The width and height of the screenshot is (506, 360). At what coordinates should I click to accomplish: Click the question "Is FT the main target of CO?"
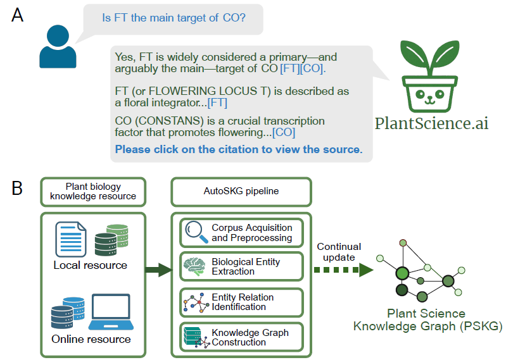pos(174,18)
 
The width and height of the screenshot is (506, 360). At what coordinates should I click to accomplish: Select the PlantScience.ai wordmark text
pos(431,123)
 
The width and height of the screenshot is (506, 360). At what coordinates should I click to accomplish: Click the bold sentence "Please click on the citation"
pos(239,150)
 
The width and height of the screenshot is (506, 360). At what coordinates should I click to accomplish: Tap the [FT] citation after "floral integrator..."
pos(217,102)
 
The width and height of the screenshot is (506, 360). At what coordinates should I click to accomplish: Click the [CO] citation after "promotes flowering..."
pos(284,132)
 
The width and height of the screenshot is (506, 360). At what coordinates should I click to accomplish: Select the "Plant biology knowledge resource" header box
pos(92,192)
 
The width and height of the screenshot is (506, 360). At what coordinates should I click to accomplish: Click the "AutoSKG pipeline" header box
pos(241,191)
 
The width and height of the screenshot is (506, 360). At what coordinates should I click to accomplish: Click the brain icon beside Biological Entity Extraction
pos(194,266)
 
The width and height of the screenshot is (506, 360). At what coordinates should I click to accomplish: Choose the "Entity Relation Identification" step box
pos(241,302)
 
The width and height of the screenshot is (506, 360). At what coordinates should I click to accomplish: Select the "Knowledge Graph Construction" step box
pos(241,337)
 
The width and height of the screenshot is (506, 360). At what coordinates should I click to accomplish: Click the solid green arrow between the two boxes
pos(158,271)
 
